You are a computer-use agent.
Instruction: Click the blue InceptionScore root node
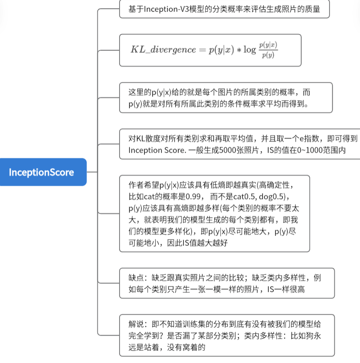coord(42,172)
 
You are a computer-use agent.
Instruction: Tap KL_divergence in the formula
coord(163,49)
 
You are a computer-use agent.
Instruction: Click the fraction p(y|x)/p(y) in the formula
coord(268,49)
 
